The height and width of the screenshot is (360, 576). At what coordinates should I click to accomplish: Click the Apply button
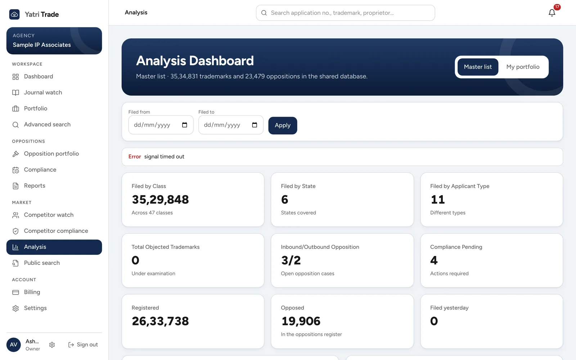(x=283, y=126)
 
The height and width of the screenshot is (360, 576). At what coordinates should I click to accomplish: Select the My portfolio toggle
(x=523, y=67)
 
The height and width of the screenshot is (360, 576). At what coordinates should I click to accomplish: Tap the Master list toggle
(x=478, y=67)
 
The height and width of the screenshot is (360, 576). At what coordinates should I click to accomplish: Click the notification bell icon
(x=552, y=13)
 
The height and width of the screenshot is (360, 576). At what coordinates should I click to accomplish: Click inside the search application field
(x=345, y=13)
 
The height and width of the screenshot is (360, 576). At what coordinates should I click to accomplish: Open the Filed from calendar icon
(x=184, y=125)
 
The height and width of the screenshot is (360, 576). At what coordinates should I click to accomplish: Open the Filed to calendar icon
(x=254, y=125)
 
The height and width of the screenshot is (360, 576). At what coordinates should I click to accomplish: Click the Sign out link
(x=83, y=345)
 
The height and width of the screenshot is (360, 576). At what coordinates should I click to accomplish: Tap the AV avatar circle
(x=14, y=345)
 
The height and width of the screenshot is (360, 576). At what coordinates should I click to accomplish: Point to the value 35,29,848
(x=160, y=199)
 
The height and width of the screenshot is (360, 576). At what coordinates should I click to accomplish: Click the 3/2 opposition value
(x=291, y=260)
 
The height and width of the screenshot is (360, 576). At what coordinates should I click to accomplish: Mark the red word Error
(x=135, y=157)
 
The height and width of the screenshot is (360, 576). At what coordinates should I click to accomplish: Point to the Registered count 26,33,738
(x=160, y=321)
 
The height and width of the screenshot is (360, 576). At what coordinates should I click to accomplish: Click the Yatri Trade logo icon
(x=14, y=14)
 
